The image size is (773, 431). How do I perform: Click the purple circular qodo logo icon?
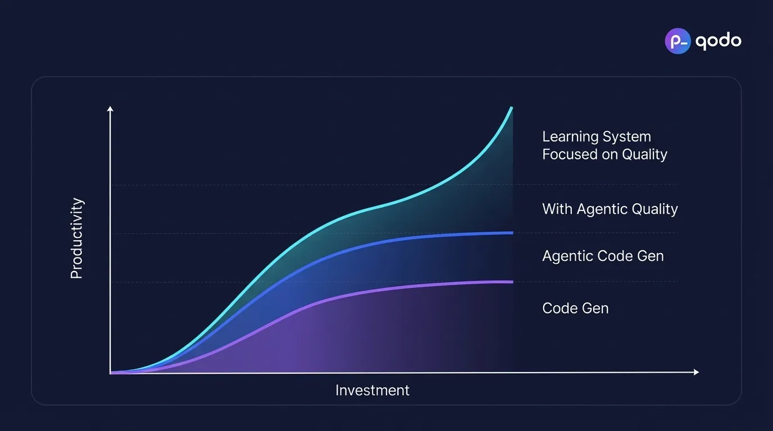pos(677,41)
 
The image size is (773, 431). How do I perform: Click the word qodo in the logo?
pos(718,42)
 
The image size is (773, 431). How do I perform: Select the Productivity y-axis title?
pos(76,239)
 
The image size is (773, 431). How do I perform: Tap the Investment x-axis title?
pos(372,391)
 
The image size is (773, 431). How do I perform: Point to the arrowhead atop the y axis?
pos(110,109)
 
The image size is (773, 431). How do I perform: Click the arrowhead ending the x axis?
pos(696,372)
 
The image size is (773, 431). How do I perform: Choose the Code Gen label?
pos(575,308)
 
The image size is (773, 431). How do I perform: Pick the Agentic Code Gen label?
pos(603,256)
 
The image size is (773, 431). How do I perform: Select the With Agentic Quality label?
pos(610,209)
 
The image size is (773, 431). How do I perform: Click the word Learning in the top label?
pos(570,137)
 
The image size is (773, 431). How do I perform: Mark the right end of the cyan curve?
pos(511,108)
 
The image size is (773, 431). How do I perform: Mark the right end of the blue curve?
pos(512,233)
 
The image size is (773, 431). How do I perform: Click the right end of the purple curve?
pos(512,282)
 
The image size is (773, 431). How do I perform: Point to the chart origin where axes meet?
pos(111,373)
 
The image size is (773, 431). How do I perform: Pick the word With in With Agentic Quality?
pos(557,209)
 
